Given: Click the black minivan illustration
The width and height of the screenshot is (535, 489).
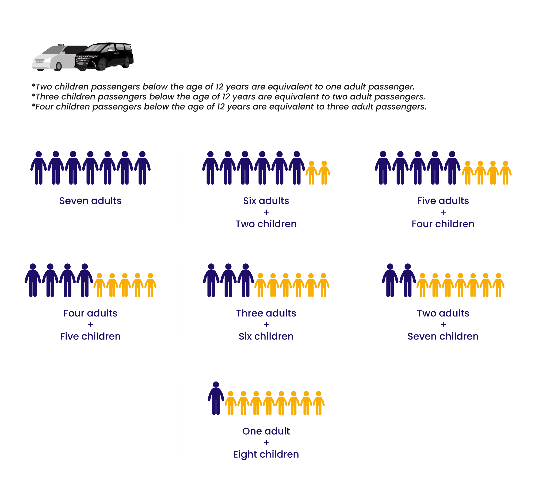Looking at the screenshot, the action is tap(104, 56).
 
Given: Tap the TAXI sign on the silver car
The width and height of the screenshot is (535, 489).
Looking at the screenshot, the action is tap(61, 45).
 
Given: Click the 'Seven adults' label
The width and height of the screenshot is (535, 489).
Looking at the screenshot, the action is tap(90, 201).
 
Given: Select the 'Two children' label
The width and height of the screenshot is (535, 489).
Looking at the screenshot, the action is tap(266, 224).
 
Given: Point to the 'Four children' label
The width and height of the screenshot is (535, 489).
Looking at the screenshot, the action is tap(443, 224).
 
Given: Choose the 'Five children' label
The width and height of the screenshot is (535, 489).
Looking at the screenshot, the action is tap(90, 336).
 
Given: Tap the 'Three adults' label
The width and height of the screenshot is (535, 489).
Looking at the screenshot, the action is tap(266, 313).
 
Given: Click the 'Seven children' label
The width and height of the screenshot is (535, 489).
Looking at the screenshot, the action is tap(443, 336).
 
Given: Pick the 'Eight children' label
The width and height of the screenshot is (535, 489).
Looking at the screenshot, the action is tap(266, 454).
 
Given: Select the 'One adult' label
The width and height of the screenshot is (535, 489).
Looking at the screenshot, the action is tap(266, 431).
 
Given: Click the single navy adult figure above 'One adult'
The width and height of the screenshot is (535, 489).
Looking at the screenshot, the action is tap(216, 398).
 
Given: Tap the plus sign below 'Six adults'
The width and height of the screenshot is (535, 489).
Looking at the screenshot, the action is tap(266, 212).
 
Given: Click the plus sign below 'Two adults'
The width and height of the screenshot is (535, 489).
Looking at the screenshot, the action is tap(443, 325).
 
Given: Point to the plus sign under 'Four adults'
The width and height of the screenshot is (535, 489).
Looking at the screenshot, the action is tap(90, 325).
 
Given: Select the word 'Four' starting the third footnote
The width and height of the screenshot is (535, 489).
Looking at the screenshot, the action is tap(44, 107).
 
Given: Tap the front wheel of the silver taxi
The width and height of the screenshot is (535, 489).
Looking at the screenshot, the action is tap(58, 66).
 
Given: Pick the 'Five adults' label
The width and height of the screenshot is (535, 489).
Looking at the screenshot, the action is tap(443, 201).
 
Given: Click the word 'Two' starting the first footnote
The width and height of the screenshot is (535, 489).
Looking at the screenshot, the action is tap(43, 87).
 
